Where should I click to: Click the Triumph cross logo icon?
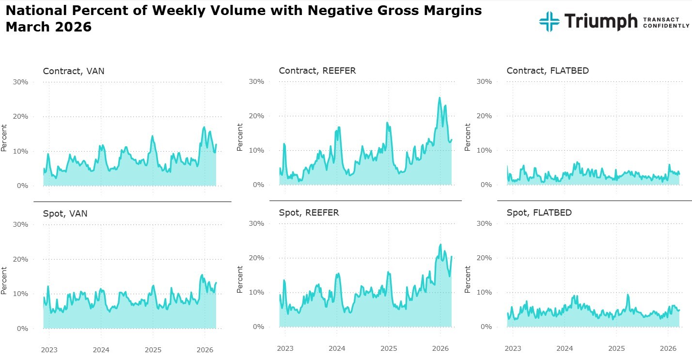tap(549, 21)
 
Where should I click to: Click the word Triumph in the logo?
tap(600, 21)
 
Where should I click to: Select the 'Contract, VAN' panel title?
tap(74, 71)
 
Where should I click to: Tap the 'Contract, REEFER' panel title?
tap(317, 71)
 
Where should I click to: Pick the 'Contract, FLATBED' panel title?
tap(548, 71)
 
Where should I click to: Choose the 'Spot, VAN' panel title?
tap(65, 213)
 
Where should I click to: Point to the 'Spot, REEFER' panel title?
tap(309, 213)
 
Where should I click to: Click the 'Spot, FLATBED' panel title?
tap(539, 213)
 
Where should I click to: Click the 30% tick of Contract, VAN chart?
tap(20, 82)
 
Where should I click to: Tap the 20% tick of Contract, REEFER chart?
tap(256, 116)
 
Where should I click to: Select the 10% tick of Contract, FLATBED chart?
tap(484, 150)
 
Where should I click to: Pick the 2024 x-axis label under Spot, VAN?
tap(101, 349)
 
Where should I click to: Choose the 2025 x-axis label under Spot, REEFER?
tap(388, 348)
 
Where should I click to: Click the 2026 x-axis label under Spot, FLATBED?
tap(668, 348)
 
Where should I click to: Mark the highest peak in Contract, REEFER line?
tap(440, 98)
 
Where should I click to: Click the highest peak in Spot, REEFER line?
tap(440, 245)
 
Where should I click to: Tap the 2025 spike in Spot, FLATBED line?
tap(628, 295)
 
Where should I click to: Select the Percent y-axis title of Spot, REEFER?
tap(240, 279)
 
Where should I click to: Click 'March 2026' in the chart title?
tap(48, 27)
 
